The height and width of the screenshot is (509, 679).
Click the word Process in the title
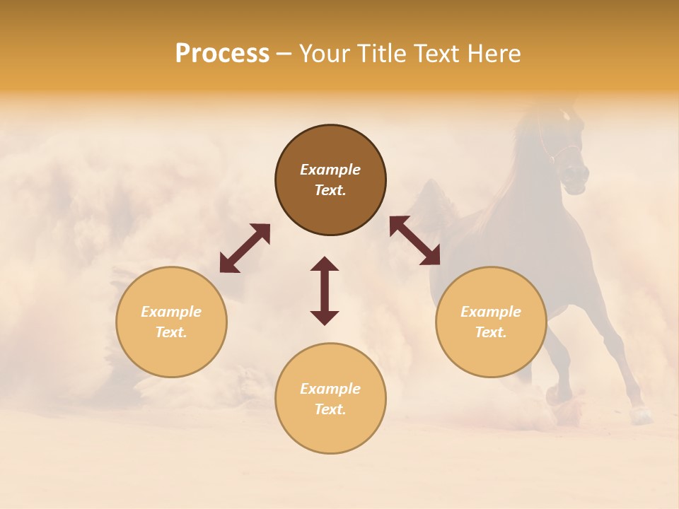point(222,54)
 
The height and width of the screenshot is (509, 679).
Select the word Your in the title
point(325,54)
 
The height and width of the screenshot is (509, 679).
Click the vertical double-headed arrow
point(325,291)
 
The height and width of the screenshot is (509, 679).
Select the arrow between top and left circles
point(245,248)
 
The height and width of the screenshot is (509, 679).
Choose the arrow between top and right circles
point(415,241)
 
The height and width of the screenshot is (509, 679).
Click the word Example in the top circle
point(330,170)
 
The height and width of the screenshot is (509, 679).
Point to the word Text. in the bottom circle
point(330,409)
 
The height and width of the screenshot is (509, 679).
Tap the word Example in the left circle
point(171,312)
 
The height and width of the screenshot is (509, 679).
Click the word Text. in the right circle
point(491,332)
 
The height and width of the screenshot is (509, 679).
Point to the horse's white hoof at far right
point(642,416)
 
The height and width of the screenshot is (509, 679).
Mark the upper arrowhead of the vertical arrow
point(325,264)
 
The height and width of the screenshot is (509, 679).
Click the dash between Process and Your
point(284,54)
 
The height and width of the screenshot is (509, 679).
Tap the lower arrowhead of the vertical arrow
point(325,317)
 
